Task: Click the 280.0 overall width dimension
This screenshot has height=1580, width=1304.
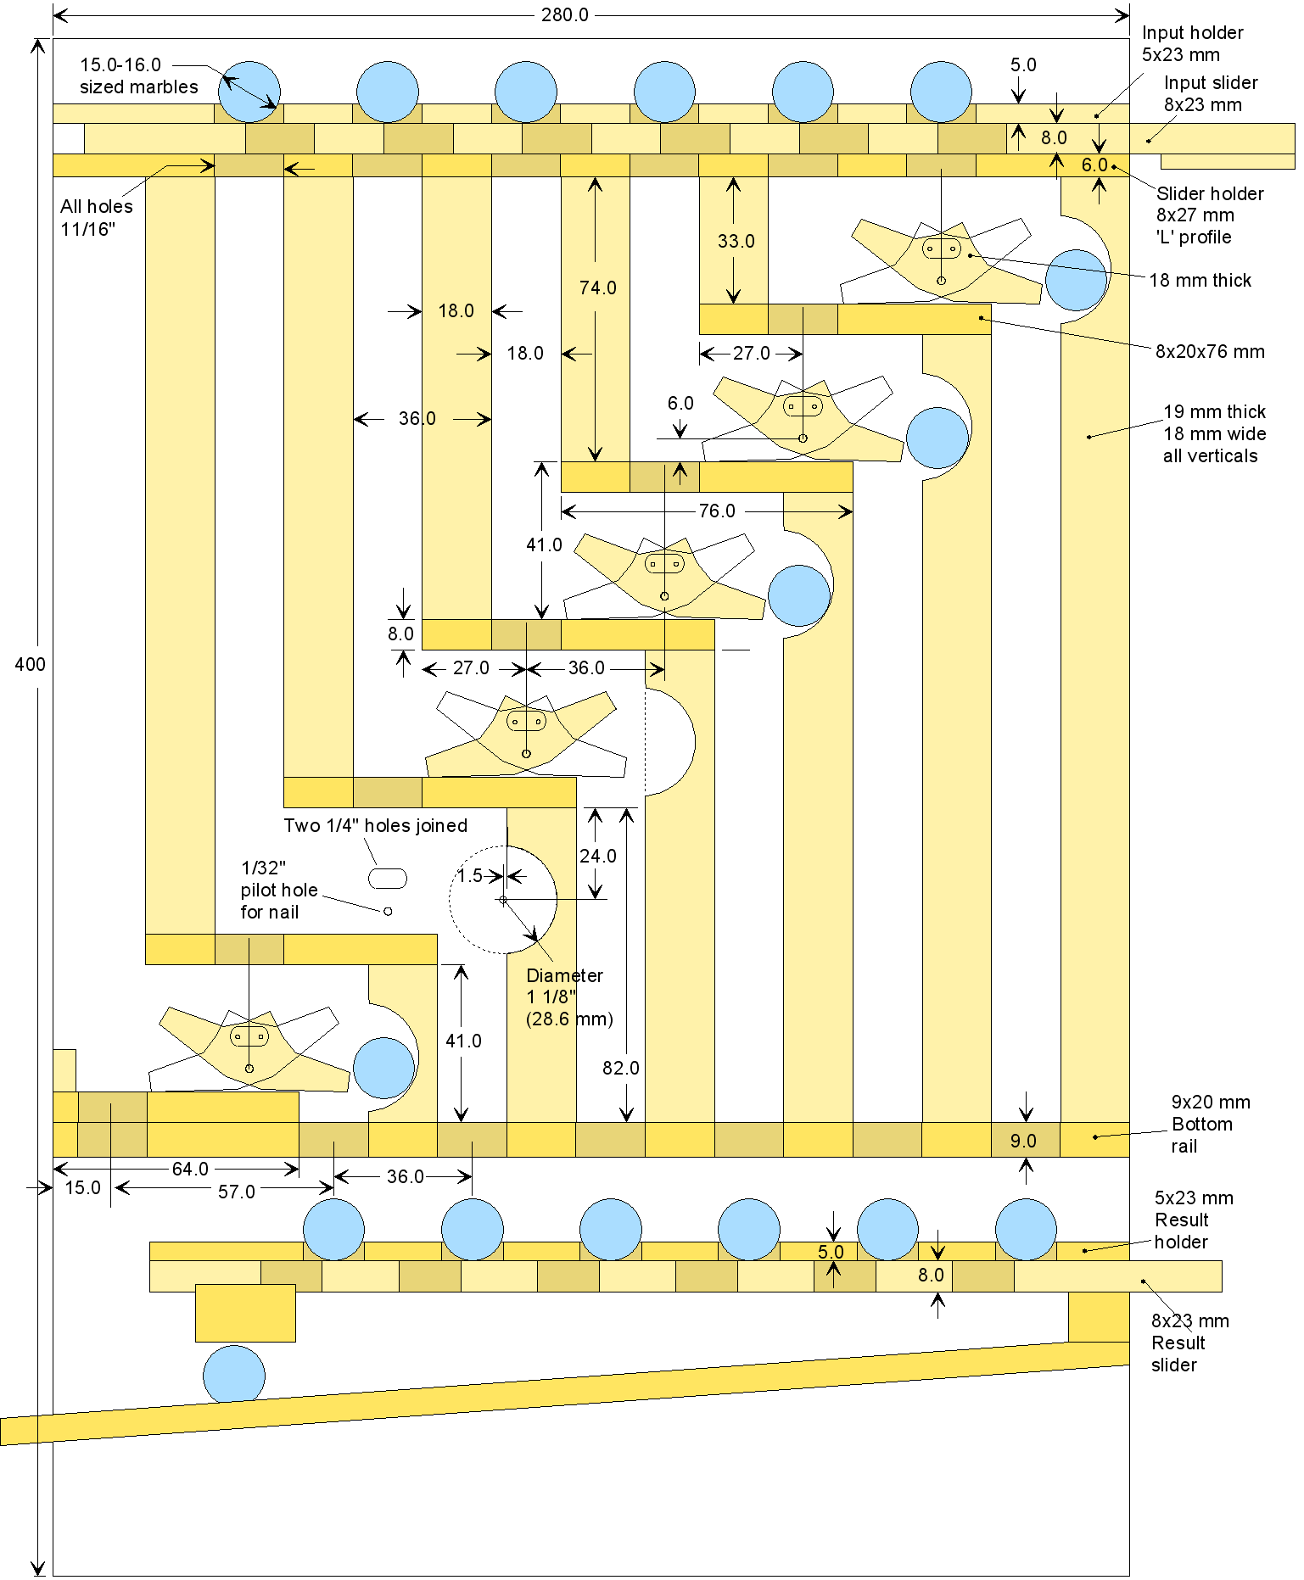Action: click(x=564, y=15)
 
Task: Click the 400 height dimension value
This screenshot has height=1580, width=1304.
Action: click(x=30, y=664)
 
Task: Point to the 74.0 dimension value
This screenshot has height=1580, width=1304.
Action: click(x=597, y=288)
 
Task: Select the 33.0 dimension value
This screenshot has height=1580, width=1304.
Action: click(x=736, y=242)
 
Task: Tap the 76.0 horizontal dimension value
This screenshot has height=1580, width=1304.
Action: click(x=717, y=511)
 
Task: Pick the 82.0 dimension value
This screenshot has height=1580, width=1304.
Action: click(x=620, y=1069)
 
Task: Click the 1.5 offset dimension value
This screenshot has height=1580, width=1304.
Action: click(x=470, y=876)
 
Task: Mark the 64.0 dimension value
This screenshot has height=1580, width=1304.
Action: click(x=190, y=1170)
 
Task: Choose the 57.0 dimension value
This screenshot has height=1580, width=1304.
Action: click(x=236, y=1192)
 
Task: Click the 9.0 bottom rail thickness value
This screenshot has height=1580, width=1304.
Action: click(x=1023, y=1142)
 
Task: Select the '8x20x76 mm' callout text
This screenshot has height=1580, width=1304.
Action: click(x=1209, y=351)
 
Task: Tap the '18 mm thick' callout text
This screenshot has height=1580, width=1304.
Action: click(x=1200, y=281)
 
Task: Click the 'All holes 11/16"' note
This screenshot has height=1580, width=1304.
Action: click(x=97, y=218)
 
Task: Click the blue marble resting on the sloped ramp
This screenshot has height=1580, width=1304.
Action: click(x=234, y=1375)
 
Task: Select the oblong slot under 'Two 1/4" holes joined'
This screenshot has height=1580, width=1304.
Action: click(x=388, y=878)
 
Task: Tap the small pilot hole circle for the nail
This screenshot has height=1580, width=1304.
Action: click(x=388, y=911)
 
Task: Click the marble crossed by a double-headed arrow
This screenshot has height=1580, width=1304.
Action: click(x=249, y=91)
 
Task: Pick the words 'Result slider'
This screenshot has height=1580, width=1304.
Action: click(x=1178, y=1354)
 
